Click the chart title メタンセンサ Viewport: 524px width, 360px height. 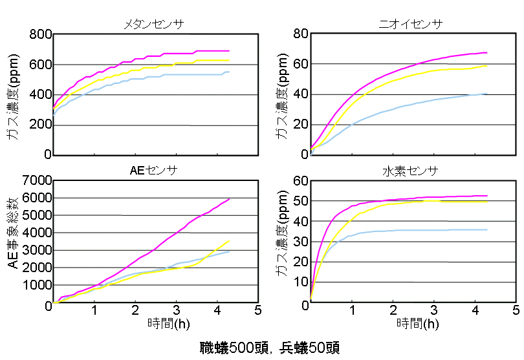[x=154, y=24]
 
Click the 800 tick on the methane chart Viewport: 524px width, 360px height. [x=38, y=34]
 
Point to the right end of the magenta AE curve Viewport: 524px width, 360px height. [x=230, y=199]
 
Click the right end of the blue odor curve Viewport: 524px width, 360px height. [x=486, y=94]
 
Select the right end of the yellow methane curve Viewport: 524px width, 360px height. [x=229, y=60]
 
